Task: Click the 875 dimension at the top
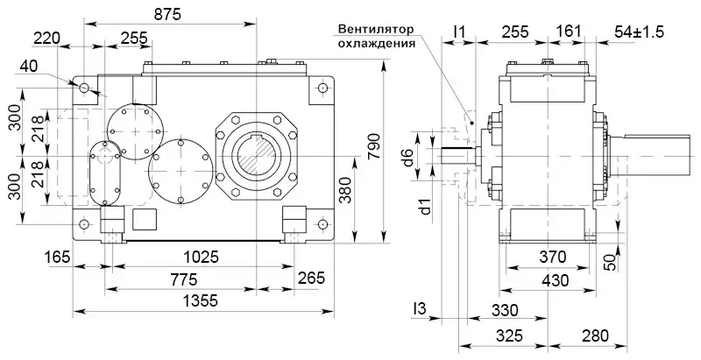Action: coord(167,14)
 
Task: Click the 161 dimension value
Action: coord(569,32)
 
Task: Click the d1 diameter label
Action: coord(424,207)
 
